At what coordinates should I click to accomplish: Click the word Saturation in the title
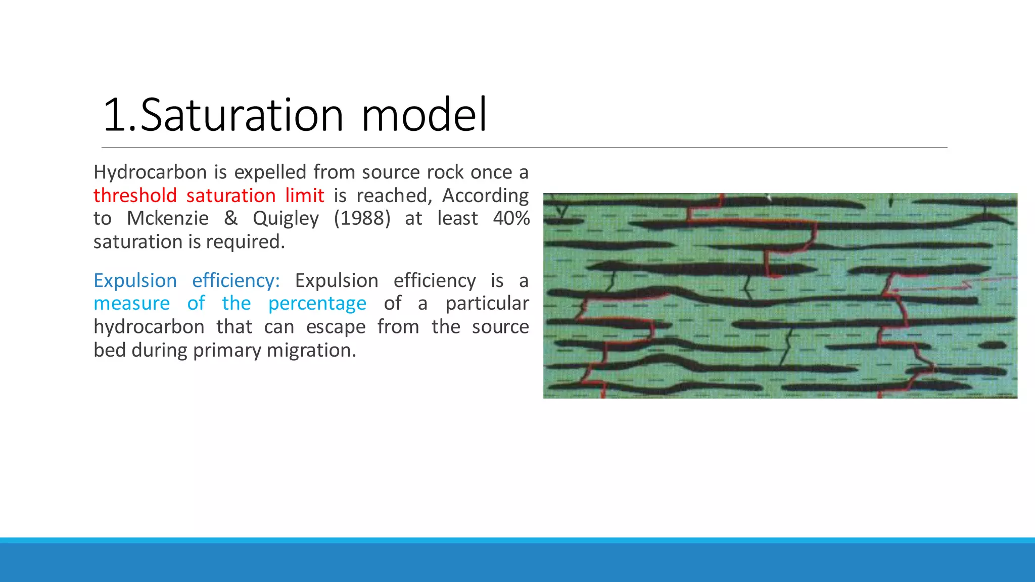(x=242, y=115)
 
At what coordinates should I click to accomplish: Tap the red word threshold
(x=135, y=196)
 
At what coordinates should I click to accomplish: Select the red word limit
(x=304, y=196)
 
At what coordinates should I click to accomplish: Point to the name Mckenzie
(x=167, y=218)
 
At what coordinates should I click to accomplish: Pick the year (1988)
(x=362, y=218)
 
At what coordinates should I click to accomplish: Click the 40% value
(x=511, y=218)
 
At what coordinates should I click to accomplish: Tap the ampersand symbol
(x=230, y=218)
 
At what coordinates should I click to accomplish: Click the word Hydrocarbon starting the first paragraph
(x=150, y=173)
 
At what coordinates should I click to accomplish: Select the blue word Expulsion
(x=135, y=281)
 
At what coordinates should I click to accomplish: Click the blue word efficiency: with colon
(x=236, y=281)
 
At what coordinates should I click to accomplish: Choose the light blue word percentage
(x=317, y=304)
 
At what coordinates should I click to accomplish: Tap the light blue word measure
(x=131, y=304)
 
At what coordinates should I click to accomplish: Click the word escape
(x=336, y=327)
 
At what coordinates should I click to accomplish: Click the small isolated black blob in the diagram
(x=992, y=346)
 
